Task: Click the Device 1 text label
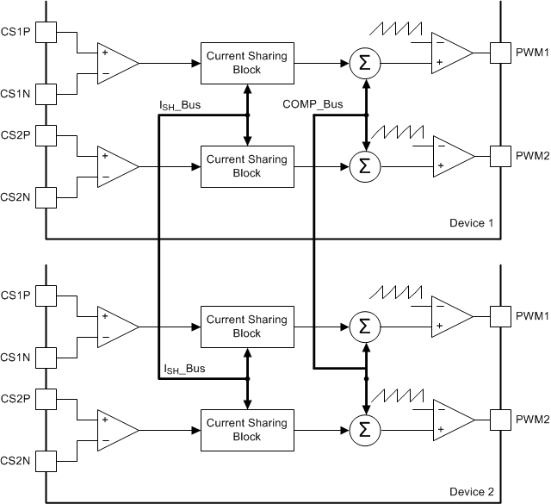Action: (471, 223)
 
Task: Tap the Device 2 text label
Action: (471, 492)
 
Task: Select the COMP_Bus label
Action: (313, 104)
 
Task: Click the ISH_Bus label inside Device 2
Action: (190, 370)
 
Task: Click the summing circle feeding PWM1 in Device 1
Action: (365, 62)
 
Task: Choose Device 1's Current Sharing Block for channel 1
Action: (246, 63)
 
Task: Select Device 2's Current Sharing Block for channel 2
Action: (246, 428)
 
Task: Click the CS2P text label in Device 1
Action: (15, 135)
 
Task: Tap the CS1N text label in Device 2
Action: (15, 356)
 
